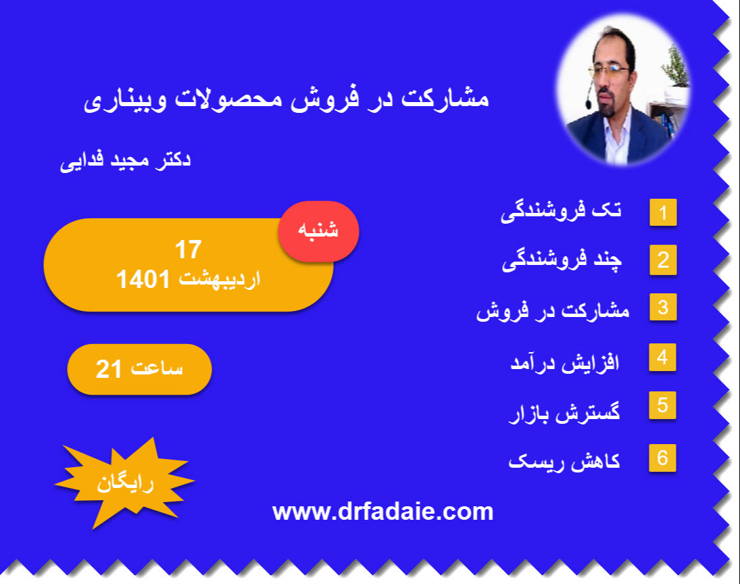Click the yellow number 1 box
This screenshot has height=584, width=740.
(x=663, y=213)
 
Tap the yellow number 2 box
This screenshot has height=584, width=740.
(x=663, y=261)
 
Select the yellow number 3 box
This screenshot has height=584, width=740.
(x=663, y=308)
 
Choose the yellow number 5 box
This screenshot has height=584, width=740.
(x=662, y=405)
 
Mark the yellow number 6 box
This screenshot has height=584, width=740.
(x=662, y=458)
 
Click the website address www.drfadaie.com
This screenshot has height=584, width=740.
(x=383, y=512)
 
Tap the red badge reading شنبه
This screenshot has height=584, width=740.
(x=318, y=231)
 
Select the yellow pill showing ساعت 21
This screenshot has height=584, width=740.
(x=139, y=369)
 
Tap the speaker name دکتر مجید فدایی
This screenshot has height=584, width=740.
(x=125, y=161)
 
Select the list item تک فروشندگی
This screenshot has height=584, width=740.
(x=561, y=212)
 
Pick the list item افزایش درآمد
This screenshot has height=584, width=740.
(x=564, y=362)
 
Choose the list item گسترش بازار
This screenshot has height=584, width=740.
(x=564, y=412)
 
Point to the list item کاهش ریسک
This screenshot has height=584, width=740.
(x=564, y=462)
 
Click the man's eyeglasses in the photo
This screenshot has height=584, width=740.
(x=610, y=70)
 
